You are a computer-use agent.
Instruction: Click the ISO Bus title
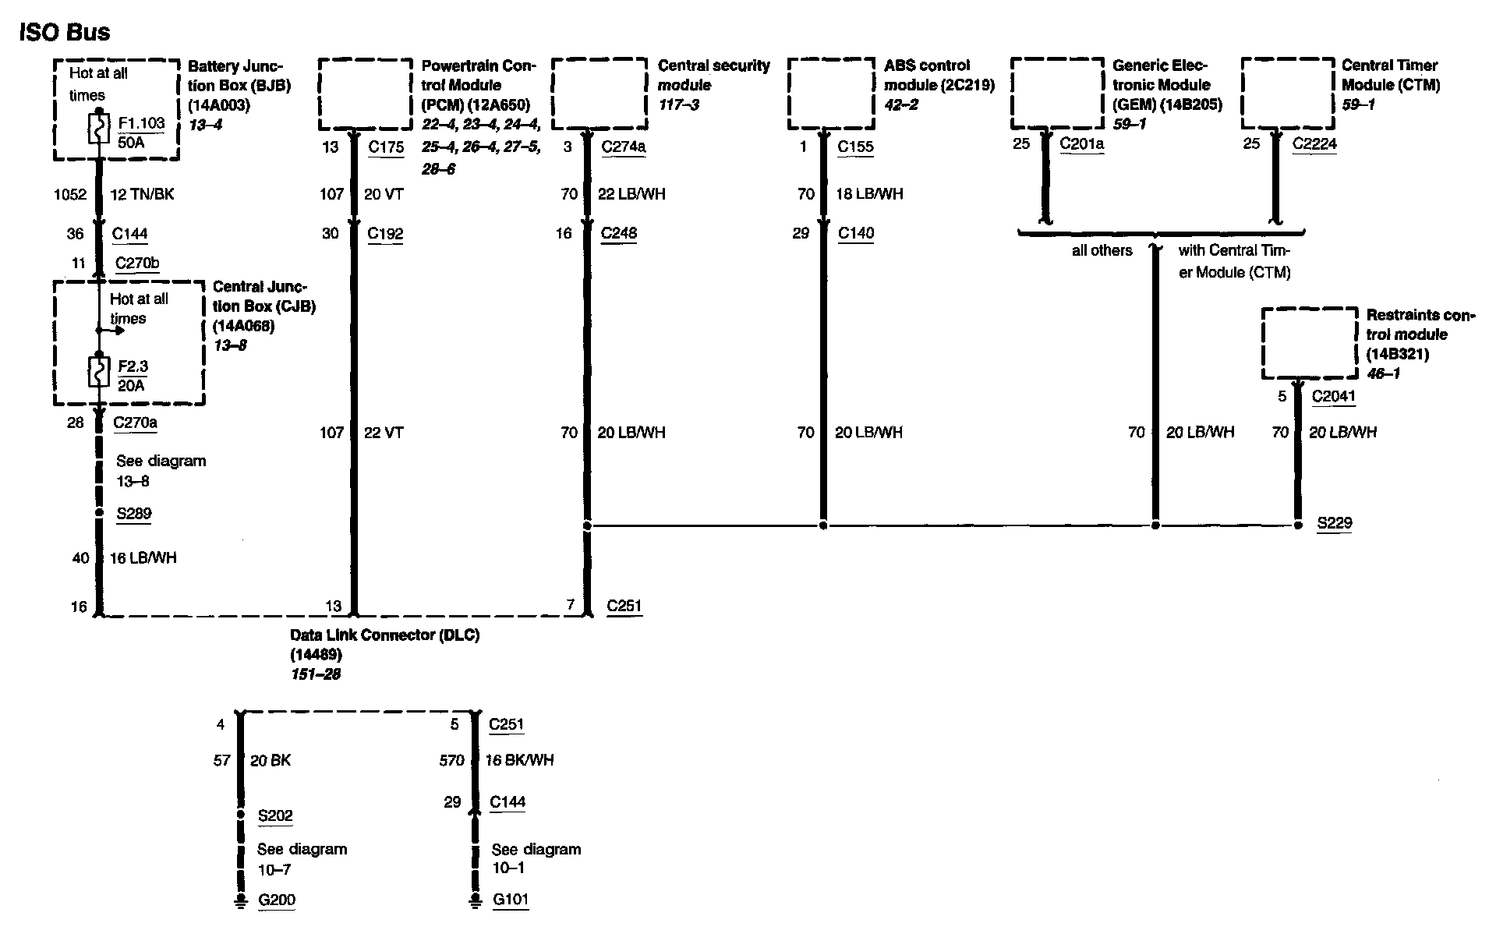click(x=65, y=32)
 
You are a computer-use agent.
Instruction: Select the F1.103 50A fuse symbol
click(x=99, y=129)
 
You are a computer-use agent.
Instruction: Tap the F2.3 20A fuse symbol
click(x=99, y=373)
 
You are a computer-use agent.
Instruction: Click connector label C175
click(x=385, y=147)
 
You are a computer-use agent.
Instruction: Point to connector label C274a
click(x=624, y=147)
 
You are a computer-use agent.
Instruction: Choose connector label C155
click(x=855, y=147)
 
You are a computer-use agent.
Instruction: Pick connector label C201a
click(x=1081, y=143)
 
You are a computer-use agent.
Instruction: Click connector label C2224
click(x=1314, y=143)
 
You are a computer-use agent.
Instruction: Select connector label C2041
click(x=1333, y=396)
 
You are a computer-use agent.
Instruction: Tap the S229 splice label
click(x=1334, y=523)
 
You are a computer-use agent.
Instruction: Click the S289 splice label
click(x=133, y=514)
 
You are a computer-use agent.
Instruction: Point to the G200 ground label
click(x=277, y=900)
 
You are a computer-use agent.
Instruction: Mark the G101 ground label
click(x=511, y=900)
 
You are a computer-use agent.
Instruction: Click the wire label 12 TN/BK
click(x=142, y=194)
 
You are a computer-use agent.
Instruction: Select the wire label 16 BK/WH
click(x=519, y=760)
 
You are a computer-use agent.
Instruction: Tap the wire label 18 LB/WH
click(x=869, y=194)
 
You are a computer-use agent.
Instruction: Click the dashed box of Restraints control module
click(x=1310, y=343)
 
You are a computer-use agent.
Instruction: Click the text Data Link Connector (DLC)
click(x=384, y=635)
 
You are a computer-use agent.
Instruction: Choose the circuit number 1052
click(x=69, y=194)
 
